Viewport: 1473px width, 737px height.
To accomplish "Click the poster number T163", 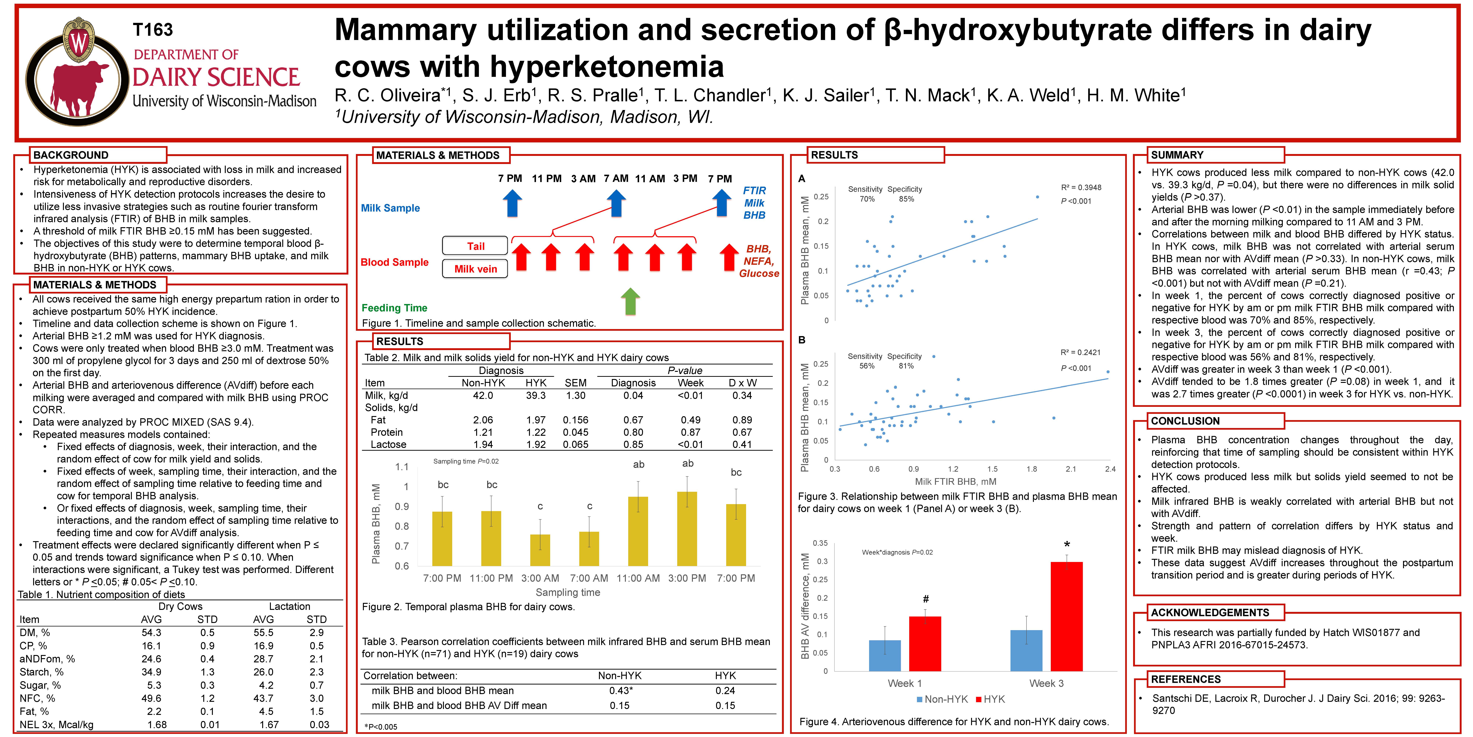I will tap(153, 30).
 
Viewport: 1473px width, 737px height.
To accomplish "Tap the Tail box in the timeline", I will tap(475, 246).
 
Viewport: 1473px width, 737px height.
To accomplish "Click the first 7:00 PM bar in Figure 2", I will tap(442, 538).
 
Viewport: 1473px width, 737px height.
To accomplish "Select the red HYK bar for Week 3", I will tap(1066, 616).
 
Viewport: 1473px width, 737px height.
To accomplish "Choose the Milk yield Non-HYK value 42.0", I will tap(483, 395).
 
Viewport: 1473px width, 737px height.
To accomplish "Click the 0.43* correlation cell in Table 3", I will tap(621, 691).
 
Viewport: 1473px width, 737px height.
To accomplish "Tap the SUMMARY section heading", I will tap(1177, 155).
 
